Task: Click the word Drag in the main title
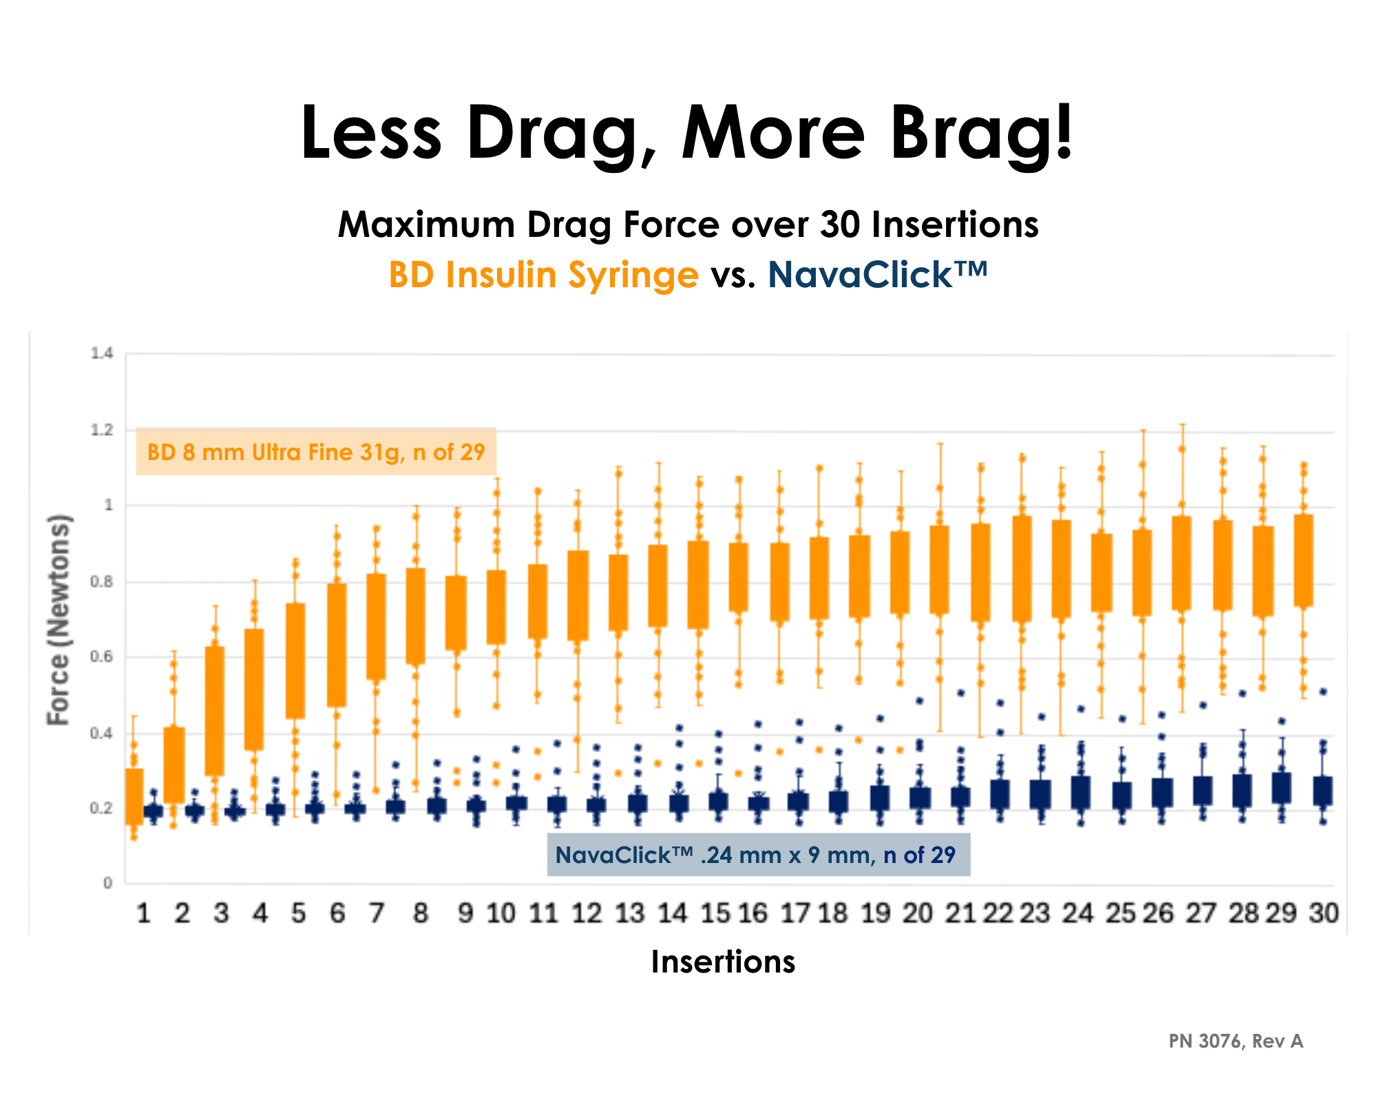click(x=552, y=132)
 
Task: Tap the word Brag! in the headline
click(x=980, y=132)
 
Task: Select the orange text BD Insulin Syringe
click(x=543, y=275)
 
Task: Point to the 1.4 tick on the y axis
click(x=101, y=354)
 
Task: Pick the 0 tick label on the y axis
click(x=107, y=883)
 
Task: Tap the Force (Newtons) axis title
click(x=59, y=620)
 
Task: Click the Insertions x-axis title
click(x=723, y=961)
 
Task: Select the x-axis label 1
click(x=143, y=914)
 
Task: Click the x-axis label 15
click(x=715, y=914)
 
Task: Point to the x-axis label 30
click(x=1323, y=914)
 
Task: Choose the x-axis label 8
click(x=420, y=914)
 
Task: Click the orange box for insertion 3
click(x=215, y=711)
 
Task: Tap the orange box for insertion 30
click(x=1303, y=560)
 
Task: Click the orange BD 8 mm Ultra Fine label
click(x=316, y=452)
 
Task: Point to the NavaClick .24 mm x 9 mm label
click(x=757, y=855)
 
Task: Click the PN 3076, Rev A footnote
click(x=1235, y=1041)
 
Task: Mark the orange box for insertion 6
click(x=337, y=645)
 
